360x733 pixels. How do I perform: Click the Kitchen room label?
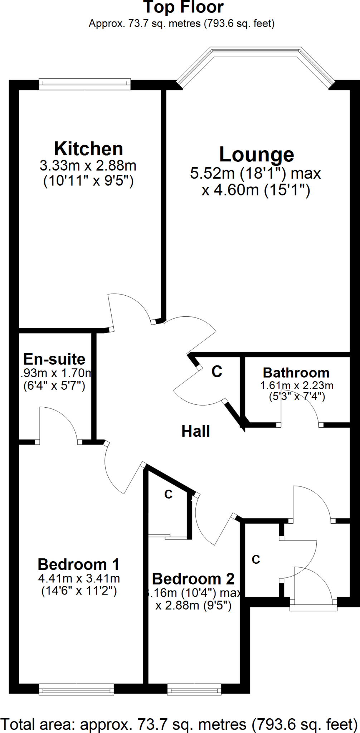88,149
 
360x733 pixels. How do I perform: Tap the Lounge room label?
257,155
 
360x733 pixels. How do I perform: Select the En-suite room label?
54,359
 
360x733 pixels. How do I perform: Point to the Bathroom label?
296,373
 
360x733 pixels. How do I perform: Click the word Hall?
195,431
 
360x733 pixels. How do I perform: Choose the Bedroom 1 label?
78,565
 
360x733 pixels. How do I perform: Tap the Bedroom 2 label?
193,579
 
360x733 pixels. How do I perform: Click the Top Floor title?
183,7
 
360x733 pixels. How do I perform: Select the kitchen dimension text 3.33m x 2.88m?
88,166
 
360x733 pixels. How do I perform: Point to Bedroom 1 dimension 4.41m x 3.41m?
79,578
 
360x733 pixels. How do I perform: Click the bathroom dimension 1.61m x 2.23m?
297,385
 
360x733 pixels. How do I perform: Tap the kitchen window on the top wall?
85,84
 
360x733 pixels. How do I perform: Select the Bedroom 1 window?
76,689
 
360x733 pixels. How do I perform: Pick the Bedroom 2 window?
194,689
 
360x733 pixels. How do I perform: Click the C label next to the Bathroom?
217,372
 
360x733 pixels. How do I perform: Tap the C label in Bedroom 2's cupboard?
169,494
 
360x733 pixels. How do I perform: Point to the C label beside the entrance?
256,559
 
